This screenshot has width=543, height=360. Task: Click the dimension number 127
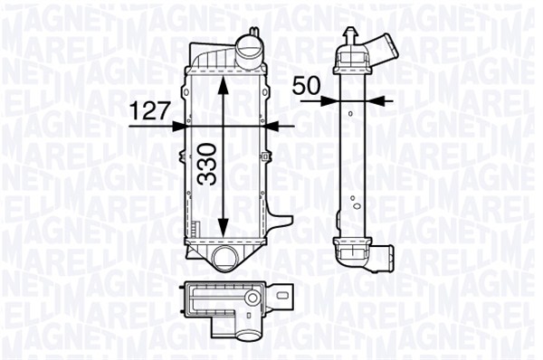pyautogui.click(x=150, y=110)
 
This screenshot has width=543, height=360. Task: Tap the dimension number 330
pyautogui.click(x=206, y=164)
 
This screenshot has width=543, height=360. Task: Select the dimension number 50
pyautogui.click(x=306, y=86)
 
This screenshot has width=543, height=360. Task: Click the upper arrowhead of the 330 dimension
pyautogui.click(x=224, y=85)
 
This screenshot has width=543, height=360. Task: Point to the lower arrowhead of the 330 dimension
pyautogui.click(x=224, y=227)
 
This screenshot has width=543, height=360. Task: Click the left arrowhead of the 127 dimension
pyautogui.click(x=177, y=127)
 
